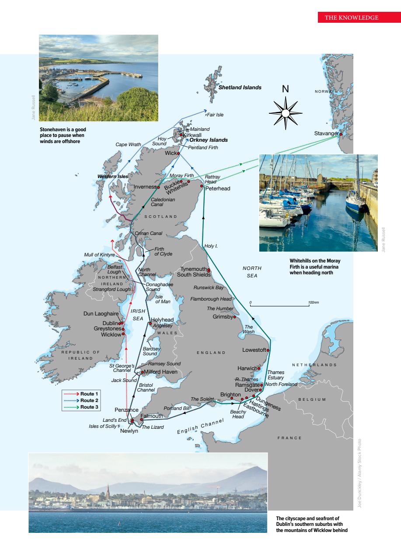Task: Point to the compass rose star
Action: tap(285, 113)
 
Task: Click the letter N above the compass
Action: tap(285, 89)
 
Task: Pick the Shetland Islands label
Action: tap(240, 87)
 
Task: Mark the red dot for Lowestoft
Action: tap(268, 350)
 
